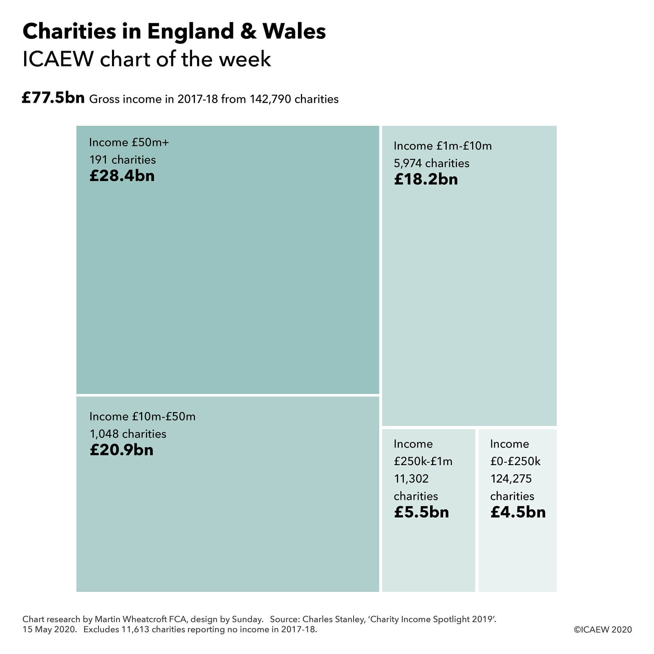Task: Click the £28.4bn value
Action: [122, 176]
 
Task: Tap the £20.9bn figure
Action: [121, 450]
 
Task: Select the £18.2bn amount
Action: [426, 179]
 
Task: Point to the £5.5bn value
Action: [421, 512]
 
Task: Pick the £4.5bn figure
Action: [517, 512]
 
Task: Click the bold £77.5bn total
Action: [53, 98]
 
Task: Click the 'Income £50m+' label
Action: [129, 142]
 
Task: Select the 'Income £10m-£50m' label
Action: [142, 417]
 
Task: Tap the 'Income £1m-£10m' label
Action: [443, 146]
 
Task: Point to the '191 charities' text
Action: [123, 159]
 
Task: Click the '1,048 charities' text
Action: [128, 434]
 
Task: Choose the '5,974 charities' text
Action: [431, 163]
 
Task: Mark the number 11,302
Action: [411, 479]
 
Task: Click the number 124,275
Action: [511, 479]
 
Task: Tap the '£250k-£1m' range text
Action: [423, 461]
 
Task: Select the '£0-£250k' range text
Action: [515, 461]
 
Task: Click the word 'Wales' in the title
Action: [294, 31]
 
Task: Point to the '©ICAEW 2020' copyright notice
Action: [603, 629]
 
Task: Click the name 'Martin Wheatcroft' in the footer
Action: [132, 619]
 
